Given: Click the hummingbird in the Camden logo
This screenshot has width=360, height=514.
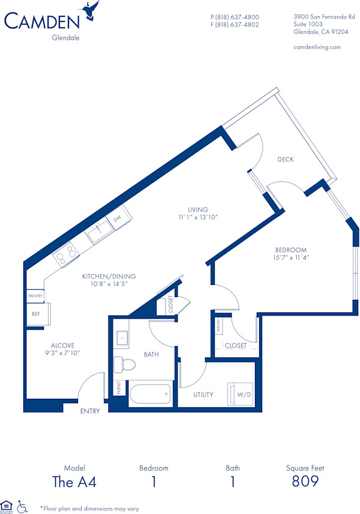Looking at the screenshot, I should [x=91, y=11].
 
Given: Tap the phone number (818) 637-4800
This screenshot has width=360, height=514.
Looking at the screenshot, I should [x=235, y=17].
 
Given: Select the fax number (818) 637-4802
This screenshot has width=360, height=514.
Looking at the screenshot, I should [x=235, y=25].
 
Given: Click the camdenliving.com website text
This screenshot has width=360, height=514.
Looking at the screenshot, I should [x=317, y=47].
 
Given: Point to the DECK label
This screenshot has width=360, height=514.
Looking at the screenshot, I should [x=286, y=160].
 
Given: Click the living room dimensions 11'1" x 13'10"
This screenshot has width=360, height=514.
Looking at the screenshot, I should [x=197, y=217].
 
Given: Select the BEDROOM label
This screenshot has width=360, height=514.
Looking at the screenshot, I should [x=291, y=250].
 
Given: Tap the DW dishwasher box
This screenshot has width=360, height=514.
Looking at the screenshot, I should [x=118, y=219].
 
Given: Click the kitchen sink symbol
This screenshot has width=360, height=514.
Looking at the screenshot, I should [x=97, y=233].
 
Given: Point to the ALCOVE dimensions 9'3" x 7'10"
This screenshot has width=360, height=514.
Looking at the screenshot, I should [x=62, y=353].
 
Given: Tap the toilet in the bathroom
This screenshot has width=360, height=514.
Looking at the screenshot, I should [x=124, y=364].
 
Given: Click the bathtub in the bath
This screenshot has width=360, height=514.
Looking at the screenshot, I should [x=150, y=394].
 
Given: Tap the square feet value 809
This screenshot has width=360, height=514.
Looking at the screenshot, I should [x=305, y=481].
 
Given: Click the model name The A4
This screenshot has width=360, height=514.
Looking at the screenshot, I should [x=75, y=481].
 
